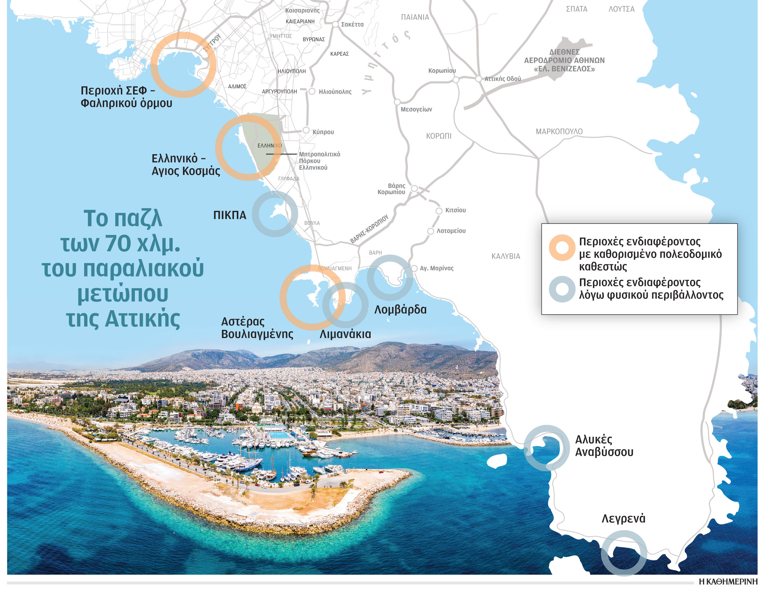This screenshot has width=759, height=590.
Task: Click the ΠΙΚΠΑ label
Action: (229, 215)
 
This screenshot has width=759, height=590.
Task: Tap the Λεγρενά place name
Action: (623, 518)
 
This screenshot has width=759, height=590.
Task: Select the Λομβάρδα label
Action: (400, 309)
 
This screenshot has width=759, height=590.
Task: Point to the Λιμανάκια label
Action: (345, 334)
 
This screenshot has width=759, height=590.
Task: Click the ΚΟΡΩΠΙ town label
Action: (438, 136)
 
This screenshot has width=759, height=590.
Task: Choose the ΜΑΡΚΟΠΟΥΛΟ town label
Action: (559, 132)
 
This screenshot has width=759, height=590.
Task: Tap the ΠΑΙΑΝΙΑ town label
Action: (415, 17)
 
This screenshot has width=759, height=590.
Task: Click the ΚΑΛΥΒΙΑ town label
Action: (506, 256)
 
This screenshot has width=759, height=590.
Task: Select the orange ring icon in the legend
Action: (562, 248)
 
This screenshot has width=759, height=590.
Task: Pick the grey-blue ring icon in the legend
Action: (562, 289)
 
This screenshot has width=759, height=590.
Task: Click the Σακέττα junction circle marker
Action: (335, 24)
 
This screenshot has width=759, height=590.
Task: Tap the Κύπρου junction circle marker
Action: (306, 130)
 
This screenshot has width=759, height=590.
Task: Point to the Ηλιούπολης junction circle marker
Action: (312, 91)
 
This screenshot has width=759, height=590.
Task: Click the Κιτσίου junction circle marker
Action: (439, 211)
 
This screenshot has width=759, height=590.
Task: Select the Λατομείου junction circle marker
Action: (430, 231)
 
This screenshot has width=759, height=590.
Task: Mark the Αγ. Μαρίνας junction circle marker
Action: (414, 268)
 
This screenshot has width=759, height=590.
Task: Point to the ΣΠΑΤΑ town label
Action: (576, 9)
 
